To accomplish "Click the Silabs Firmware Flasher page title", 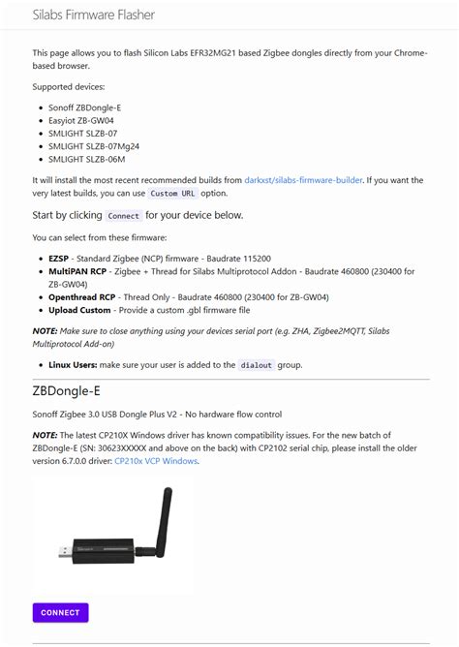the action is [93, 15].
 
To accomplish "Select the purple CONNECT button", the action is [60, 612].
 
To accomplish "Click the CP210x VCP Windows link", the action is [156, 461].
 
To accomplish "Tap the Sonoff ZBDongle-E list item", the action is [84, 107].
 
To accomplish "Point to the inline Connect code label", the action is [124, 216].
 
